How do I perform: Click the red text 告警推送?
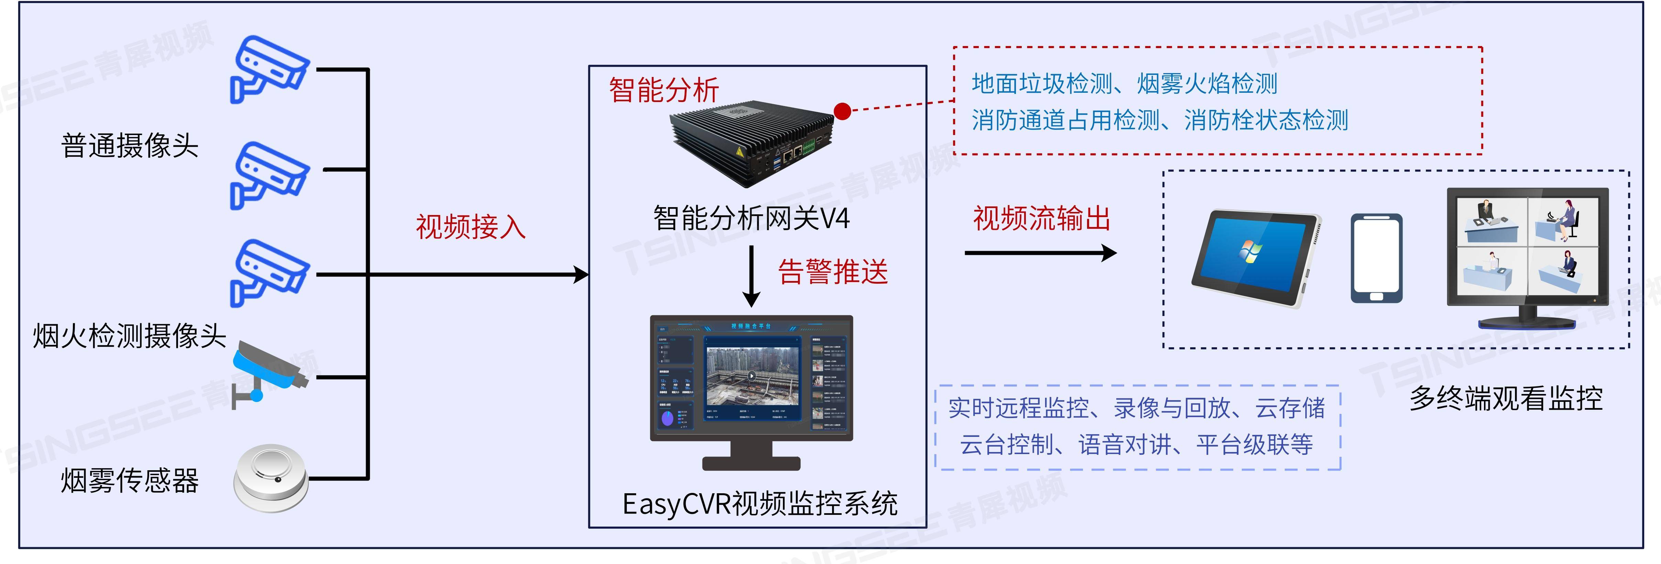(833, 271)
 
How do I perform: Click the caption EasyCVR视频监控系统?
(760, 504)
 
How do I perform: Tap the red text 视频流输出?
(1041, 218)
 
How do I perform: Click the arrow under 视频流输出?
(1040, 253)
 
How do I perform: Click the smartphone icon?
(1376, 258)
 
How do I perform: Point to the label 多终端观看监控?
(1506, 398)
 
